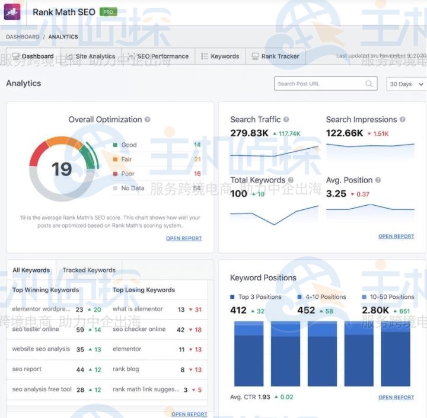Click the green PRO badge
(108, 11)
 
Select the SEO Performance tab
(158, 56)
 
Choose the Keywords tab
(220, 56)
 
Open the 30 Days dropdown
(406, 84)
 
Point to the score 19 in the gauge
(62, 170)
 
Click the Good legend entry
(129, 145)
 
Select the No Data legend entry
(133, 188)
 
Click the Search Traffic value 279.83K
(250, 133)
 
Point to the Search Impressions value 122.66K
(345, 133)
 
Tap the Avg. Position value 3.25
(336, 193)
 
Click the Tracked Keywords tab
(89, 270)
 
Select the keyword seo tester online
(36, 329)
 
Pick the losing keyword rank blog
(126, 369)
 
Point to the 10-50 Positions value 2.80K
(375, 310)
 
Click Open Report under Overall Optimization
(184, 238)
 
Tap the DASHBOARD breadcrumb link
(23, 37)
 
